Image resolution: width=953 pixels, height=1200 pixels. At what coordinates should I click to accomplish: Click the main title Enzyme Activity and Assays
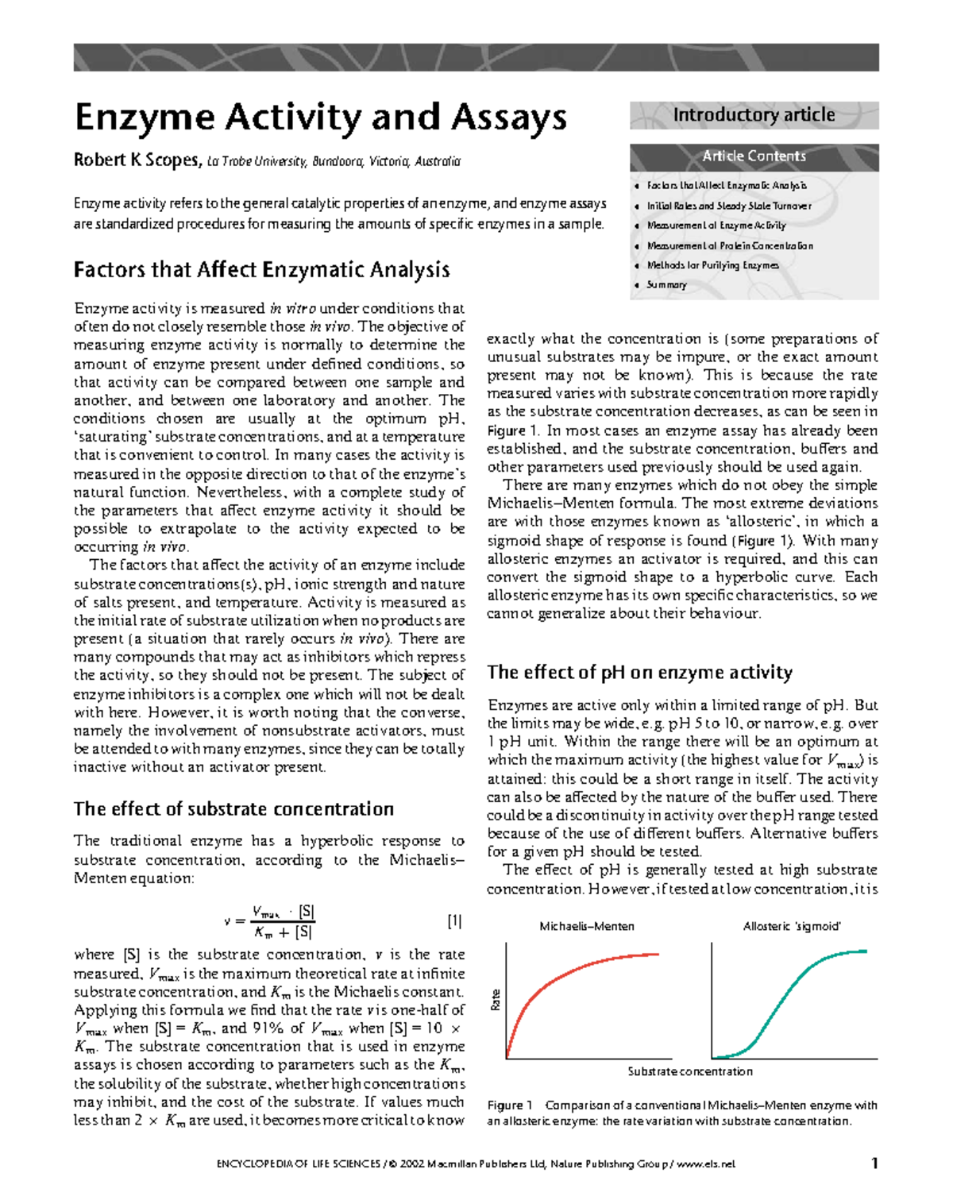pos(320,118)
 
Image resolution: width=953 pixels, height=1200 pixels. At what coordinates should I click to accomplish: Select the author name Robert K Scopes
pos(137,160)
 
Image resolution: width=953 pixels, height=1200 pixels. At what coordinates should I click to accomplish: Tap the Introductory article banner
pos(754,115)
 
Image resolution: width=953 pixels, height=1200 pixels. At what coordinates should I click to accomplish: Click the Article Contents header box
pos(754,156)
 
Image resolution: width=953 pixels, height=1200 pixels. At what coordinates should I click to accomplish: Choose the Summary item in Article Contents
pos(666,284)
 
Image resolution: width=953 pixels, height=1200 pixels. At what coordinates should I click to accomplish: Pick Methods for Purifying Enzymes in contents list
pos(712,265)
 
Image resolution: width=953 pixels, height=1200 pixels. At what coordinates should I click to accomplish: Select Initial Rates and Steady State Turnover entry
pos(728,206)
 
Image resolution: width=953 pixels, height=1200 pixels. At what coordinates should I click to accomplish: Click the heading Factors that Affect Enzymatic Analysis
pos(261,270)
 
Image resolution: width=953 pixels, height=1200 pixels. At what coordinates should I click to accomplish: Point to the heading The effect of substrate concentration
pos(233,808)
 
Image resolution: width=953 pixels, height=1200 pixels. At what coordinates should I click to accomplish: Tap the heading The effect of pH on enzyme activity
pos(639,673)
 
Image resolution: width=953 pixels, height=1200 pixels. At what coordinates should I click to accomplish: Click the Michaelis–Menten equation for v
pos(270,922)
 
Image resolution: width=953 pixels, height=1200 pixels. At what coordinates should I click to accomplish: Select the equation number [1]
pos(454,921)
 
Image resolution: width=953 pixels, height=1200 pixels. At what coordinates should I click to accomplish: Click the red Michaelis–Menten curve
pos(556,982)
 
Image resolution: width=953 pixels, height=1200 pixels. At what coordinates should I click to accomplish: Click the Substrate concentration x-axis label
pos(689,1071)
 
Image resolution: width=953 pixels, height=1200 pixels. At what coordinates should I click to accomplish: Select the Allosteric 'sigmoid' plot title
pos(791,926)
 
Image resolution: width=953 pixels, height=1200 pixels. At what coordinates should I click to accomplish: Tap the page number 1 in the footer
pos(874,1163)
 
